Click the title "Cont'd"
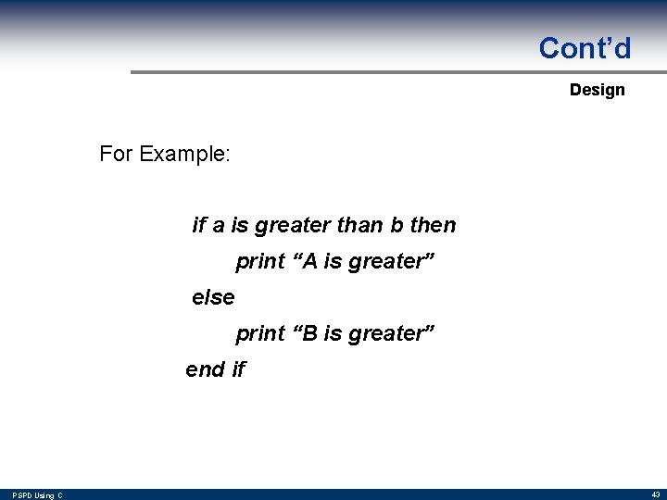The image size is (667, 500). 585,48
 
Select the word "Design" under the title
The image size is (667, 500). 597,90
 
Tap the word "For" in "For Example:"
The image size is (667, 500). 116,154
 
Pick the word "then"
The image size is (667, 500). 433,225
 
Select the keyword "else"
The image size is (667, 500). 213,297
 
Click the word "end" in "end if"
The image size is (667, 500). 205,369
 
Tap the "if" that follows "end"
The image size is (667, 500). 238,369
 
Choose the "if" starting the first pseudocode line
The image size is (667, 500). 198,225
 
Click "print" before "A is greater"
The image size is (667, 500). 259,261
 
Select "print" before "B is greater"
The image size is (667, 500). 259,333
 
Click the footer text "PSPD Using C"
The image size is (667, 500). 36,495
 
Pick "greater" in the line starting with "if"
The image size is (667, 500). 293,225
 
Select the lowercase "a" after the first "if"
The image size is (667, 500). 219,225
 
